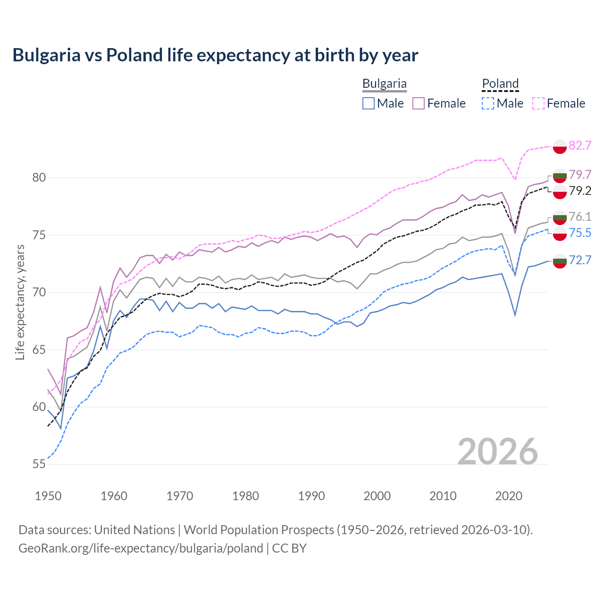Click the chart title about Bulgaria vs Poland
pyautogui.click(x=215, y=55)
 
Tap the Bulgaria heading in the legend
pyautogui.click(x=384, y=84)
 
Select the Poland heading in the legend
pyautogui.click(x=500, y=84)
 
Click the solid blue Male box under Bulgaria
pyautogui.click(x=369, y=103)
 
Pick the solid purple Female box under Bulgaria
pyautogui.click(x=419, y=103)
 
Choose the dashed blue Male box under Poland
pyautogui.click(x=488, y=103)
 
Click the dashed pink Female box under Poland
pyautogui.click(x=538, y=103)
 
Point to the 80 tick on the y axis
pyautogui.click(x=39, y=178)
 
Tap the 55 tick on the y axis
pyautogui.click(x=39, y=464)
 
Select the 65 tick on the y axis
pyautogui.click(x=39, y=350)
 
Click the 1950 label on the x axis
pyautogui.click(x=48, y=496)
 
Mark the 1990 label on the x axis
pyautogui.click(x=311, y=496)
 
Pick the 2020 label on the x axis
pyautogui.click(x=509, y=496)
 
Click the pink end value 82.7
pyautogui.click(x=580, y=145)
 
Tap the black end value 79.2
pyautogui.click(x=580, y=191)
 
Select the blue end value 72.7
pyautogui.click(x=580, y=260)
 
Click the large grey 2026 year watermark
pyautogui.click(x=498, y=452)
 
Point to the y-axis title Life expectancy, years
pyautogui.click(x=20, y=302)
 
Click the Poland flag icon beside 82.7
pyautogui.click(x=560, y=146)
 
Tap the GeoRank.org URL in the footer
pyautogui.click(x=141, y=548)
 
